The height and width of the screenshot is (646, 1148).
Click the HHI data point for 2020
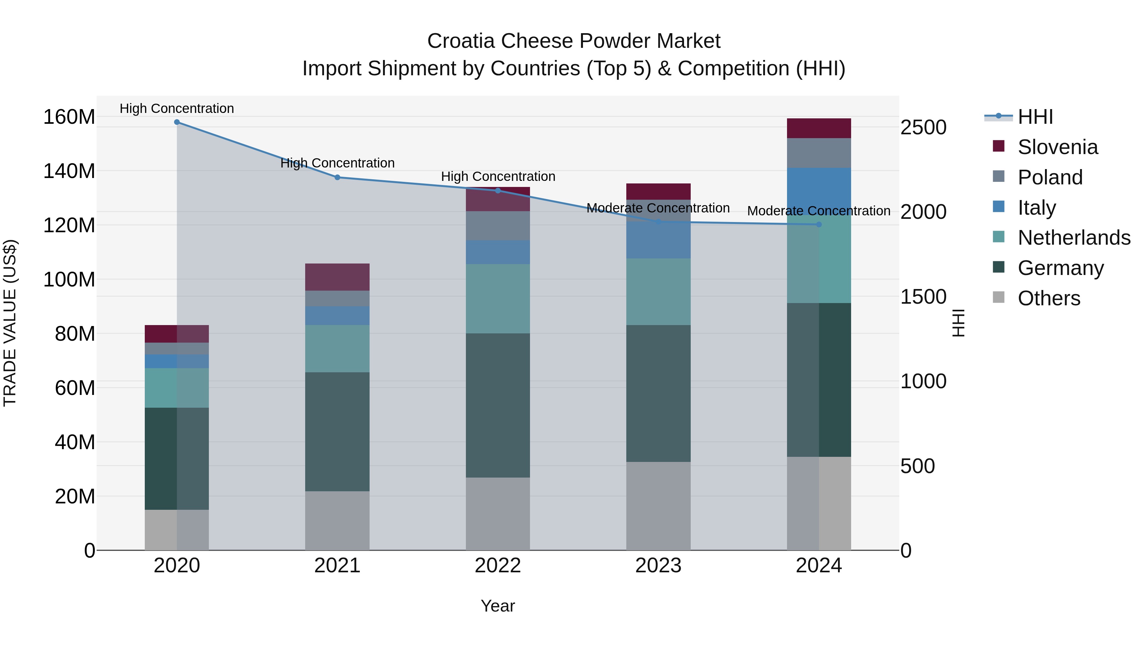pyautogui.click(x=177, y=122)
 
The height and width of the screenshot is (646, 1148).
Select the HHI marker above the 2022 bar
pyautogui.click(x=498, y=191)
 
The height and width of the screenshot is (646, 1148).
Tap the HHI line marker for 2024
pyautogui.click(x=819, y=225)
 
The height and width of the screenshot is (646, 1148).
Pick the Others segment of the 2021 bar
pyautogui.click(x=337, y=520)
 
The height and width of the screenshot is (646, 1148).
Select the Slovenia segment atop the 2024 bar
pyautogui.click(x=819, y=128)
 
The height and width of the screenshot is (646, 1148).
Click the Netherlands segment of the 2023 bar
pyautogui.click(x=658, y=292)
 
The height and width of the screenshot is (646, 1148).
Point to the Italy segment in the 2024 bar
pyautogui.click(x=819, y=187)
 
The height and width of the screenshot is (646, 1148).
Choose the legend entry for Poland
pyautogui.click(x=1049, y=177)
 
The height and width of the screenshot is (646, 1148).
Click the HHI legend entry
pyautogui.click(x=1035, y=117)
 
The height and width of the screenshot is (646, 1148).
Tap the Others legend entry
pyautogui.click(x=1049, y=298)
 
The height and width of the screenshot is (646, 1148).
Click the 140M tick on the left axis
pyautogui.click(x=69, y=171)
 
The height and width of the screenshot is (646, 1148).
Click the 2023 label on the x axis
pyautogui.click(x=658, y=566)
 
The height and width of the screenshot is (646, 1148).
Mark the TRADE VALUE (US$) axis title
pyautogui.click(x=10, y=323)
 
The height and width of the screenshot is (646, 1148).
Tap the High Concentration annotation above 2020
pyautogui.click(x=177, y=109)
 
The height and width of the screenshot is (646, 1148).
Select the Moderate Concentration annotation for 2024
pyautogui.click(x=819, y=211)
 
